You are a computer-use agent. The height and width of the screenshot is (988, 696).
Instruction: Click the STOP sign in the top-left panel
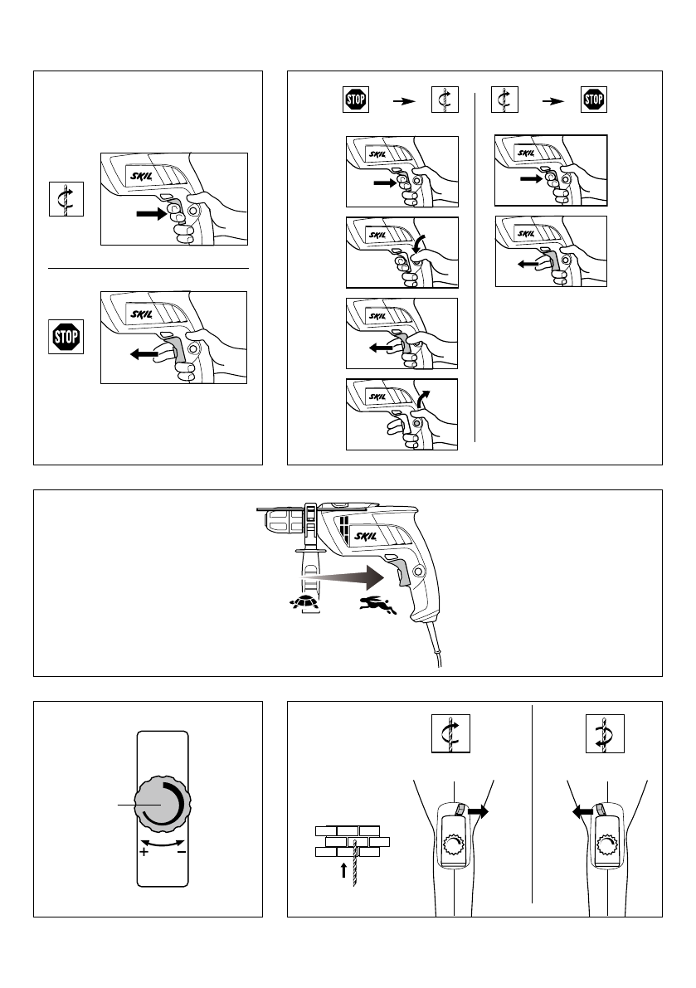66,338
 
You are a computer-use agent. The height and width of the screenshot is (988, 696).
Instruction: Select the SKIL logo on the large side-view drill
367,538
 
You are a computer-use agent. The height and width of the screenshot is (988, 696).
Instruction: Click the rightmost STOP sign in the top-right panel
593,100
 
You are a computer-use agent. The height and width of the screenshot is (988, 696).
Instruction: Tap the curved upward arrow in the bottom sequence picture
426,397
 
